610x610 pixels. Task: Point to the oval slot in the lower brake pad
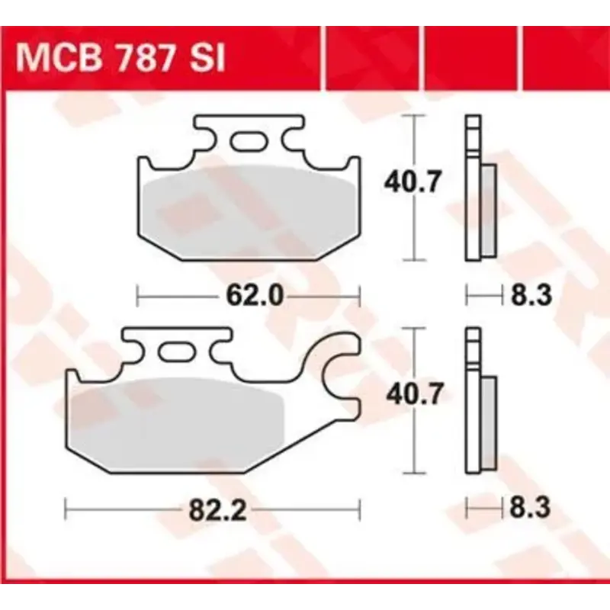(x=176, y=352)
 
